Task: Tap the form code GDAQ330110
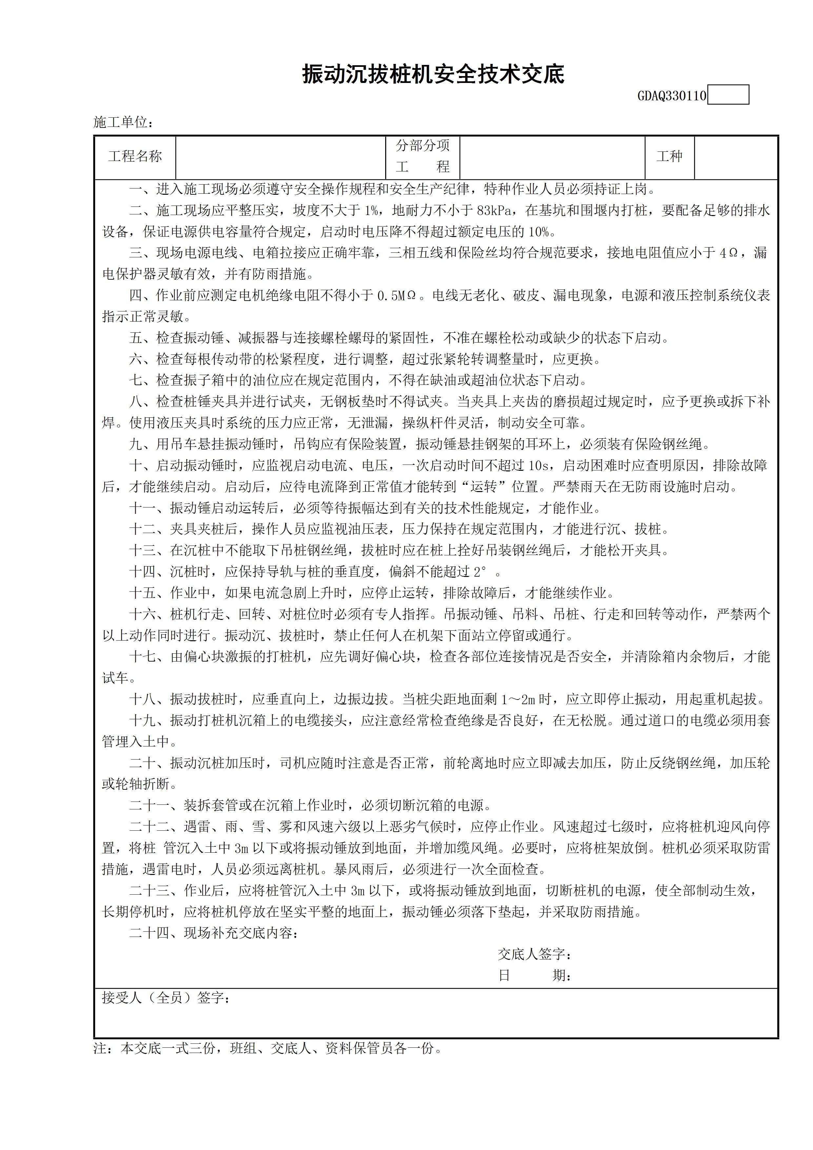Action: (671, 96)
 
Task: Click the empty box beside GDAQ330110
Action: (728, 95)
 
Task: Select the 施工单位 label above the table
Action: (123, 122)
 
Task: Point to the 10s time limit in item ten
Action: (538, 466)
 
